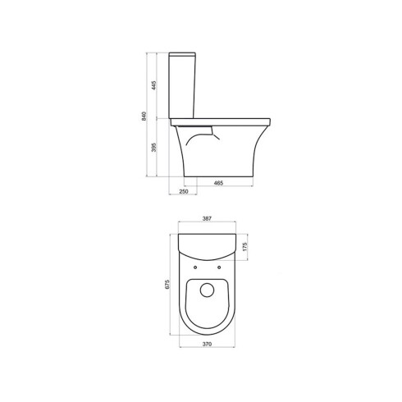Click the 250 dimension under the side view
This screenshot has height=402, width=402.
click(x=184, y=191)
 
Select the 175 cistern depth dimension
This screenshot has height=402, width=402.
click(x=246, y=246)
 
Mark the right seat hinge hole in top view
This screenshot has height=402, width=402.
click(x=222, y=267)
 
